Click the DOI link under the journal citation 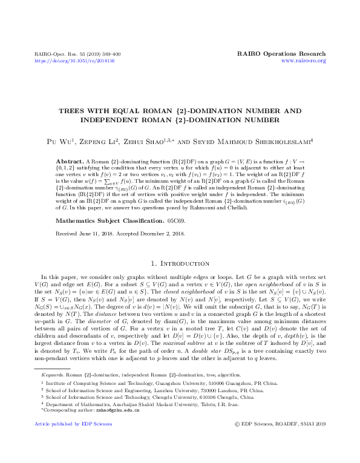coord(74,61)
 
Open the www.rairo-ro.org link coord(304,61)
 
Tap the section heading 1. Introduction coord(180,264)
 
